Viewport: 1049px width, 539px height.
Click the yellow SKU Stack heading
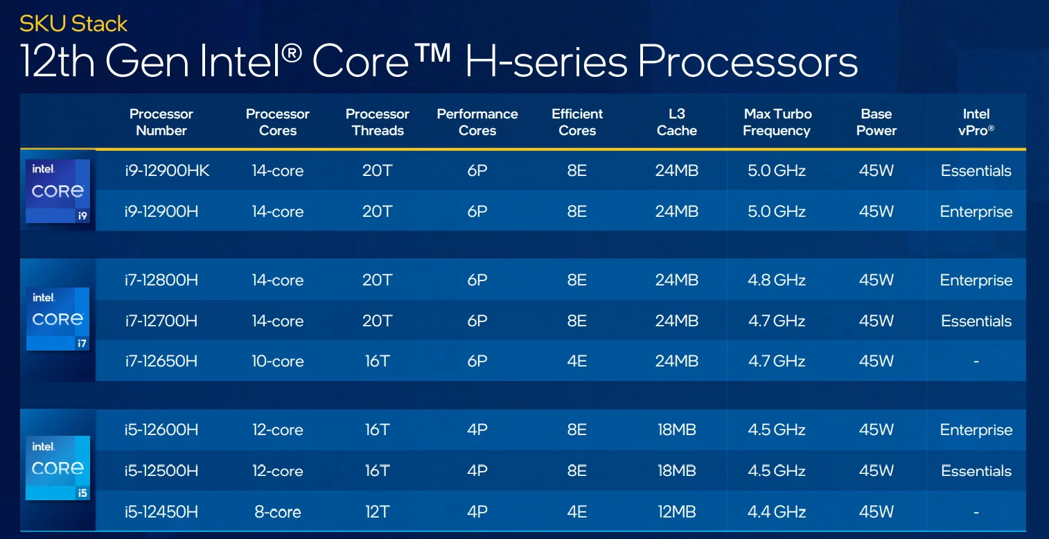pyautogui.click(x=73, y=24)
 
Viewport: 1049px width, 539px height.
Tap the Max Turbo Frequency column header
pyautogui.click(x=777, y=122)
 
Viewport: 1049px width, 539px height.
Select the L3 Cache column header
pyautogui.click(x=677, y=122)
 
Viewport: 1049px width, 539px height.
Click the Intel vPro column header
pyautogui.click(x=976, y=122)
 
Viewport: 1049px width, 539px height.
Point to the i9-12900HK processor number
pyautogui.click(x=167, y=170)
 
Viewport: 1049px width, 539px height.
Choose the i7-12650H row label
pyautogui.click(x=161, y=361)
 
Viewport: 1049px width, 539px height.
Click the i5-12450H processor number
pyautogui.click(x=161, y=511)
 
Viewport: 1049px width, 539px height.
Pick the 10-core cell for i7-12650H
pyautogui.click(x=278, y=361)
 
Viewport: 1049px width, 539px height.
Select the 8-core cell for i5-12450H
pyautogui.click(x=278, y=511)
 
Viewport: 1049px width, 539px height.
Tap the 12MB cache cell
pyautogui.click(x=677, y=511)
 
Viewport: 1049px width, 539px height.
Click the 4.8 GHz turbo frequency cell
pyautogui.click(x=777, y=280)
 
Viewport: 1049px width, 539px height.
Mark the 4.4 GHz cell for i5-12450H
pyautogui.click(x=777, y=511)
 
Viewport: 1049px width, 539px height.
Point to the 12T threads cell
pyautogui.click(x=378, y=511)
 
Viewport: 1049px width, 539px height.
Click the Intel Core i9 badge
pyautogui.click(x=58, y=191)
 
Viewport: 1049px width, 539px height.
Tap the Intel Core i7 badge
pyautogui.click(x=58, y=319)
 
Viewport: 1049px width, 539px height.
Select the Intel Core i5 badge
pyautogui.click(x=58, y=468)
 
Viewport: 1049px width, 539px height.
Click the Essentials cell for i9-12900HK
pyautogui.click(x=976, y=170)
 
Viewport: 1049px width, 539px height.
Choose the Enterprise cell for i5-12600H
pyautogui.click(x=976, y=430)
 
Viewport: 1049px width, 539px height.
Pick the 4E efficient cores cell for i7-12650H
pyautogui.click(x=577, y=361)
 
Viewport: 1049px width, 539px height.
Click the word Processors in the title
pyautogui.click(x=748, y=62)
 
